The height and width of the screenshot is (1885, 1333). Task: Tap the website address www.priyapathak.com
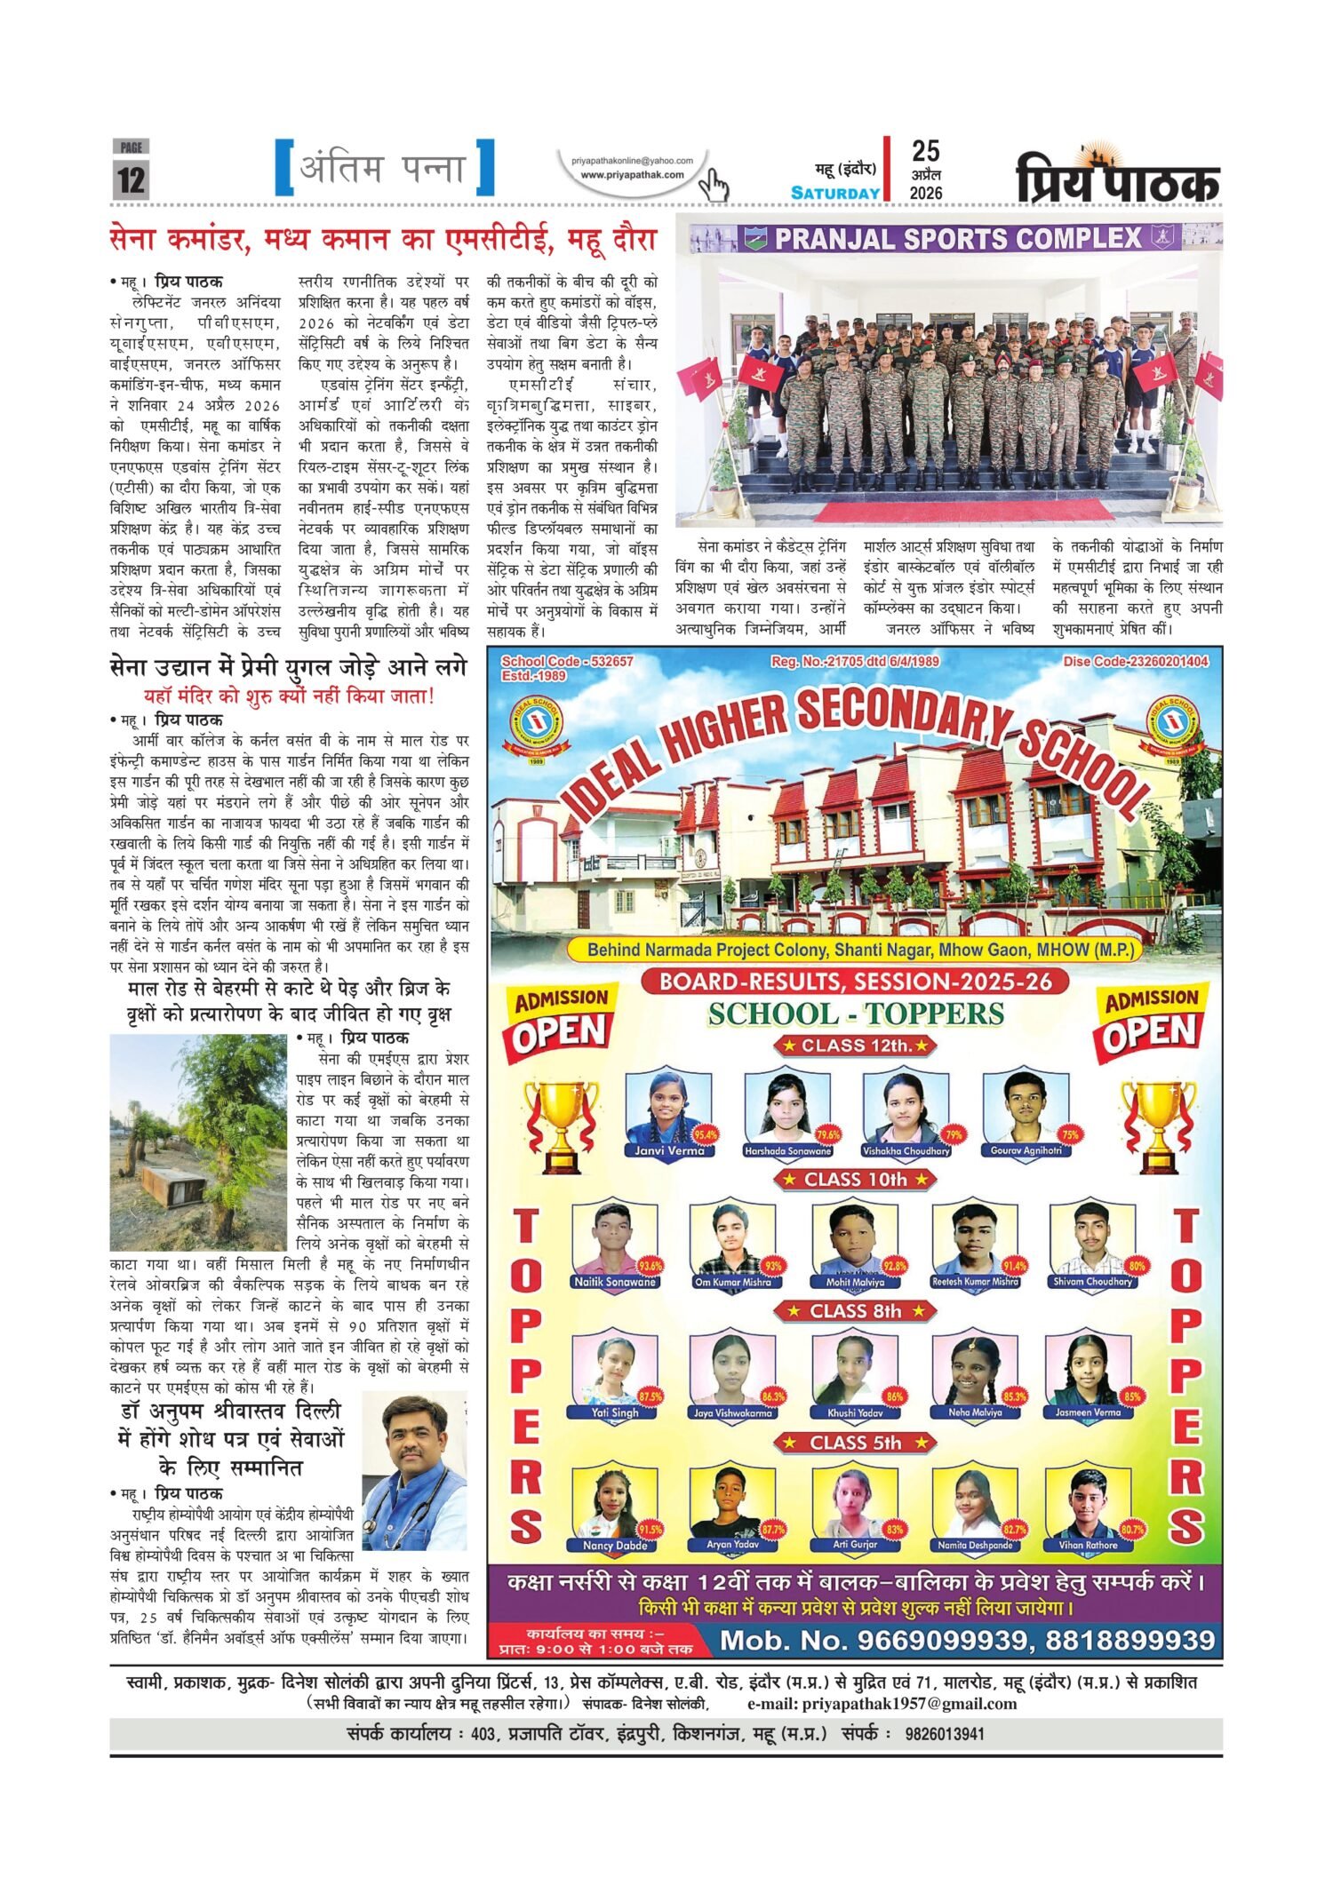tap(632, 175)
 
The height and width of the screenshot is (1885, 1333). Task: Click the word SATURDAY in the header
tap(835, 193)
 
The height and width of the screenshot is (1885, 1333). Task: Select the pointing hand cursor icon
tap(713, 186)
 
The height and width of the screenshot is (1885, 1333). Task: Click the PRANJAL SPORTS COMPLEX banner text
tap(958, 238)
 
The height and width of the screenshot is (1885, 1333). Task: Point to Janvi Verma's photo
tap(668, 1108)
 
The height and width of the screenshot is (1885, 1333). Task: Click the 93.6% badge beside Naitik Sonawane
tap(651, 1265)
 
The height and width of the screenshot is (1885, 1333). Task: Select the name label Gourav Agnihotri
tap(1026, 1150)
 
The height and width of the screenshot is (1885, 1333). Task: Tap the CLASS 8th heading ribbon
tap(856, 1311)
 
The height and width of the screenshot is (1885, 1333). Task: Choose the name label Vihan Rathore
tap(1088, 1545)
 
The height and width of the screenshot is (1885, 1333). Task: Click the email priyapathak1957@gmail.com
tap(882, 1703)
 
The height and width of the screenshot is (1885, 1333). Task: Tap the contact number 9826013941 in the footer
tap(945, 1733)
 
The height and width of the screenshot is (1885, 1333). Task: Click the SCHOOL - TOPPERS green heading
tap(856, 1014)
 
